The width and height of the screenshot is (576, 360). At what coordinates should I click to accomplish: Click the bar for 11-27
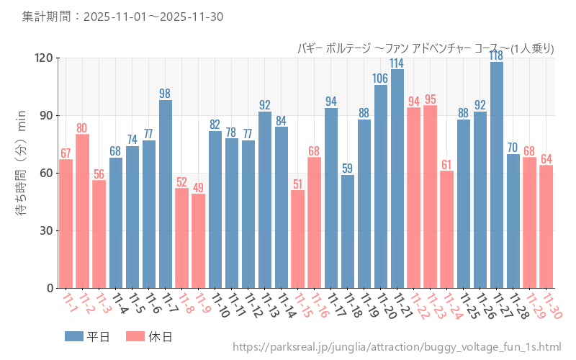497,175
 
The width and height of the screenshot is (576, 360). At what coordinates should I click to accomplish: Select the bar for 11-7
166,194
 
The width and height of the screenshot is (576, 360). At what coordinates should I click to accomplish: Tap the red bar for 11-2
83,211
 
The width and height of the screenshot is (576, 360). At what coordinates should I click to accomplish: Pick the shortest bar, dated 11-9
199,241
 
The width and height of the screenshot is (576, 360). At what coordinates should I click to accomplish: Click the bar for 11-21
397,179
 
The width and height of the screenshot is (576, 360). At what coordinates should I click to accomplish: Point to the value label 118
497,55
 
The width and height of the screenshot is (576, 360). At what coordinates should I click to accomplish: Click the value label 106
381,78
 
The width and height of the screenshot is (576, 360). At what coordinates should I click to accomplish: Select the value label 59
348,168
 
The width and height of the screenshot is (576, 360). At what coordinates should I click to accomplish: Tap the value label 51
298,184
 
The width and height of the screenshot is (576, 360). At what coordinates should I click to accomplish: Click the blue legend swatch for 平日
74,336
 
